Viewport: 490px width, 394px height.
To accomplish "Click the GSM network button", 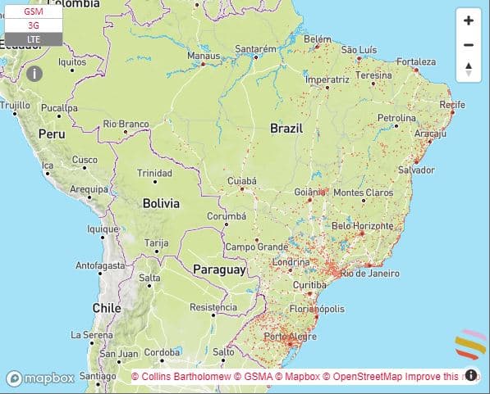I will click(34, 12).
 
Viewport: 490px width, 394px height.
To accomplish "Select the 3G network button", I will click(34, 25).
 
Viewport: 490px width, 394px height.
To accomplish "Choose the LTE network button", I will click(34, 38).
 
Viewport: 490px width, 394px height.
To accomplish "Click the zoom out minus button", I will click(468, 45).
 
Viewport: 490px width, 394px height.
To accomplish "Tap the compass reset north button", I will click(468, 70).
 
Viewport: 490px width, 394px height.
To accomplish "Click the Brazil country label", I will click(286, 129).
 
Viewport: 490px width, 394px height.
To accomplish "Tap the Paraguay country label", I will click(219, 269).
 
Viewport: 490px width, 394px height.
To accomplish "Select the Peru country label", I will click(51, 134).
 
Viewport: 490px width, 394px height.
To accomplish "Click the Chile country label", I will click(107, 308).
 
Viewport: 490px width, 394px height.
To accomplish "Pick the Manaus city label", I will click(204, 56).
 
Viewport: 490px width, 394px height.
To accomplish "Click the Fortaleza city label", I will click(416, 61).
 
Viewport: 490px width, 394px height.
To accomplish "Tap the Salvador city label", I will click(416, 170).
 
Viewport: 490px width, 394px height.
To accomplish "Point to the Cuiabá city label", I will click(242, 180).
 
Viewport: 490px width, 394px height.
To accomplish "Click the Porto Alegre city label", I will click(284, 337).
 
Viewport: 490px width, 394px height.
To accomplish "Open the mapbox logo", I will click(41, 378).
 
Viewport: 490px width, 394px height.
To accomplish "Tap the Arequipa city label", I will click(89, 189).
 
